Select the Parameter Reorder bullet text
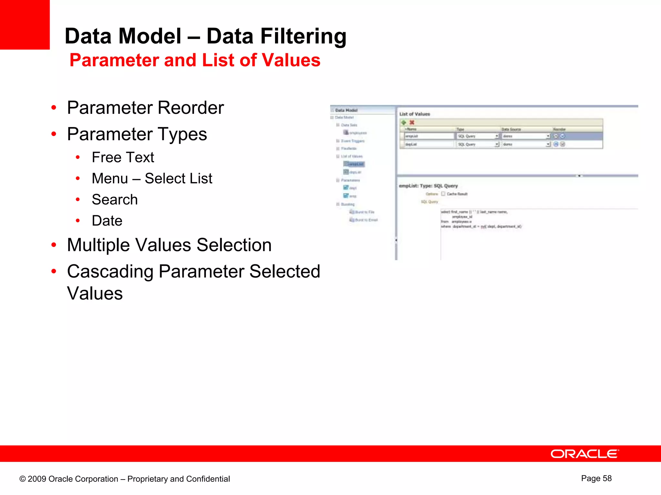pyautogui.click(x=145, y=108)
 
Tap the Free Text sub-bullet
pyautogui.click(x=123, y=157)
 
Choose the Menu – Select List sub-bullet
pyautogui.click(x=152, y=179)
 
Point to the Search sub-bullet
pyautogui.click(x=115, y=199)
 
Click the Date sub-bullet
pyautogui.click(x=107, y=221)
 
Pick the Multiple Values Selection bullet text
pyautogui.click(x=169, y=245)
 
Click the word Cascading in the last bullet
pyautogui.click(x=110, y=271)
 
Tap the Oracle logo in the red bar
pyautogui.click(x=585, y=454)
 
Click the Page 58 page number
pyautogui.click(x=596, y=478)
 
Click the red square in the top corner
pyautogui.click(x=25, y=24)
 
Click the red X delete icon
pyautogui.click(x=412, y=122)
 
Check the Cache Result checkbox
pyautogui.click(x=443, y=194)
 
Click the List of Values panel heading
pyautogui.click(x=414, y=114)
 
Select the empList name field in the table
pyautogui.click(x=429, y=136)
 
